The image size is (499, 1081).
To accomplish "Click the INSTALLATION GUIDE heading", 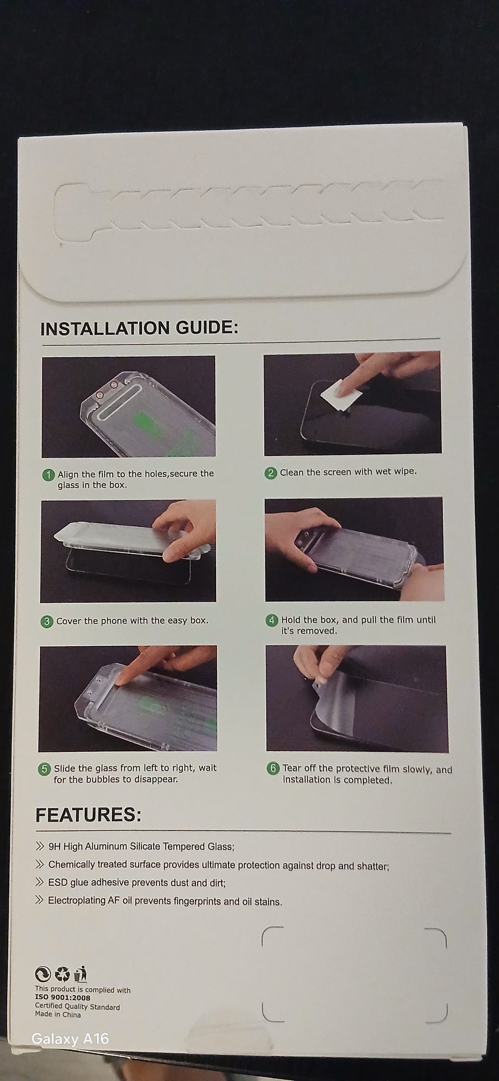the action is tap(139, 329).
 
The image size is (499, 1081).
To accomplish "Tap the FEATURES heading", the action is tap(88, 814).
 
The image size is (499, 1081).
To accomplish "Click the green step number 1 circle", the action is tap(48, 475).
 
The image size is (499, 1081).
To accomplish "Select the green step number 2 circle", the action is tap(271, 473).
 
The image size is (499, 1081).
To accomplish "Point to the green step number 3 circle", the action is tap(47, 621).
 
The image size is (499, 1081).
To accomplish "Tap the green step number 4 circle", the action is tap(272, 620).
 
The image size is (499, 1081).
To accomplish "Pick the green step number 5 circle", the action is tap(45, 769).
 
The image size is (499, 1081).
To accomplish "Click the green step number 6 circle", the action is tap(273, 769).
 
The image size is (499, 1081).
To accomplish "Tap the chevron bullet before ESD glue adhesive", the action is tap(40, 882).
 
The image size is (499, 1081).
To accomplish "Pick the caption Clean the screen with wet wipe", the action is tap(348, 472).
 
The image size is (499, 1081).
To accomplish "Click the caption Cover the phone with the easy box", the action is tap(132, 620).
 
